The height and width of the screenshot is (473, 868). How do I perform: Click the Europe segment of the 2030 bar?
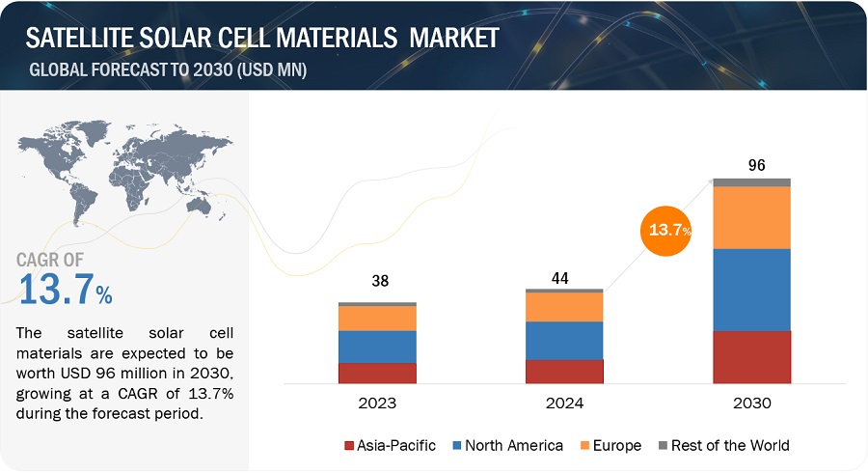[751, 217]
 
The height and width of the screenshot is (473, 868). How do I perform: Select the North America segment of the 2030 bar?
[751, 290]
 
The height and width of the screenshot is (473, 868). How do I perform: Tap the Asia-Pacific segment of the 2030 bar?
[751, 357]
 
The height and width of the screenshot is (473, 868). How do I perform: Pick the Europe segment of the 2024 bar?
[564, 307]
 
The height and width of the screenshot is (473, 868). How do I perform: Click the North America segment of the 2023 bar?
[377, 347]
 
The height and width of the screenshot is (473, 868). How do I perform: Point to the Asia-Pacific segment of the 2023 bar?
[377, 374]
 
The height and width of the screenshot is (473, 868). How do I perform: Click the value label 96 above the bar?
[757, 165]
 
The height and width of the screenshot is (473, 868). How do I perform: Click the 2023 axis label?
[376, 403]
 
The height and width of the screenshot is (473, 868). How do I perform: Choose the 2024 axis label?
[564, 403]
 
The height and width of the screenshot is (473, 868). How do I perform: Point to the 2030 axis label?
[751, 403]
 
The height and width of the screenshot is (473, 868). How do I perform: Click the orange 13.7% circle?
[667, 230]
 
